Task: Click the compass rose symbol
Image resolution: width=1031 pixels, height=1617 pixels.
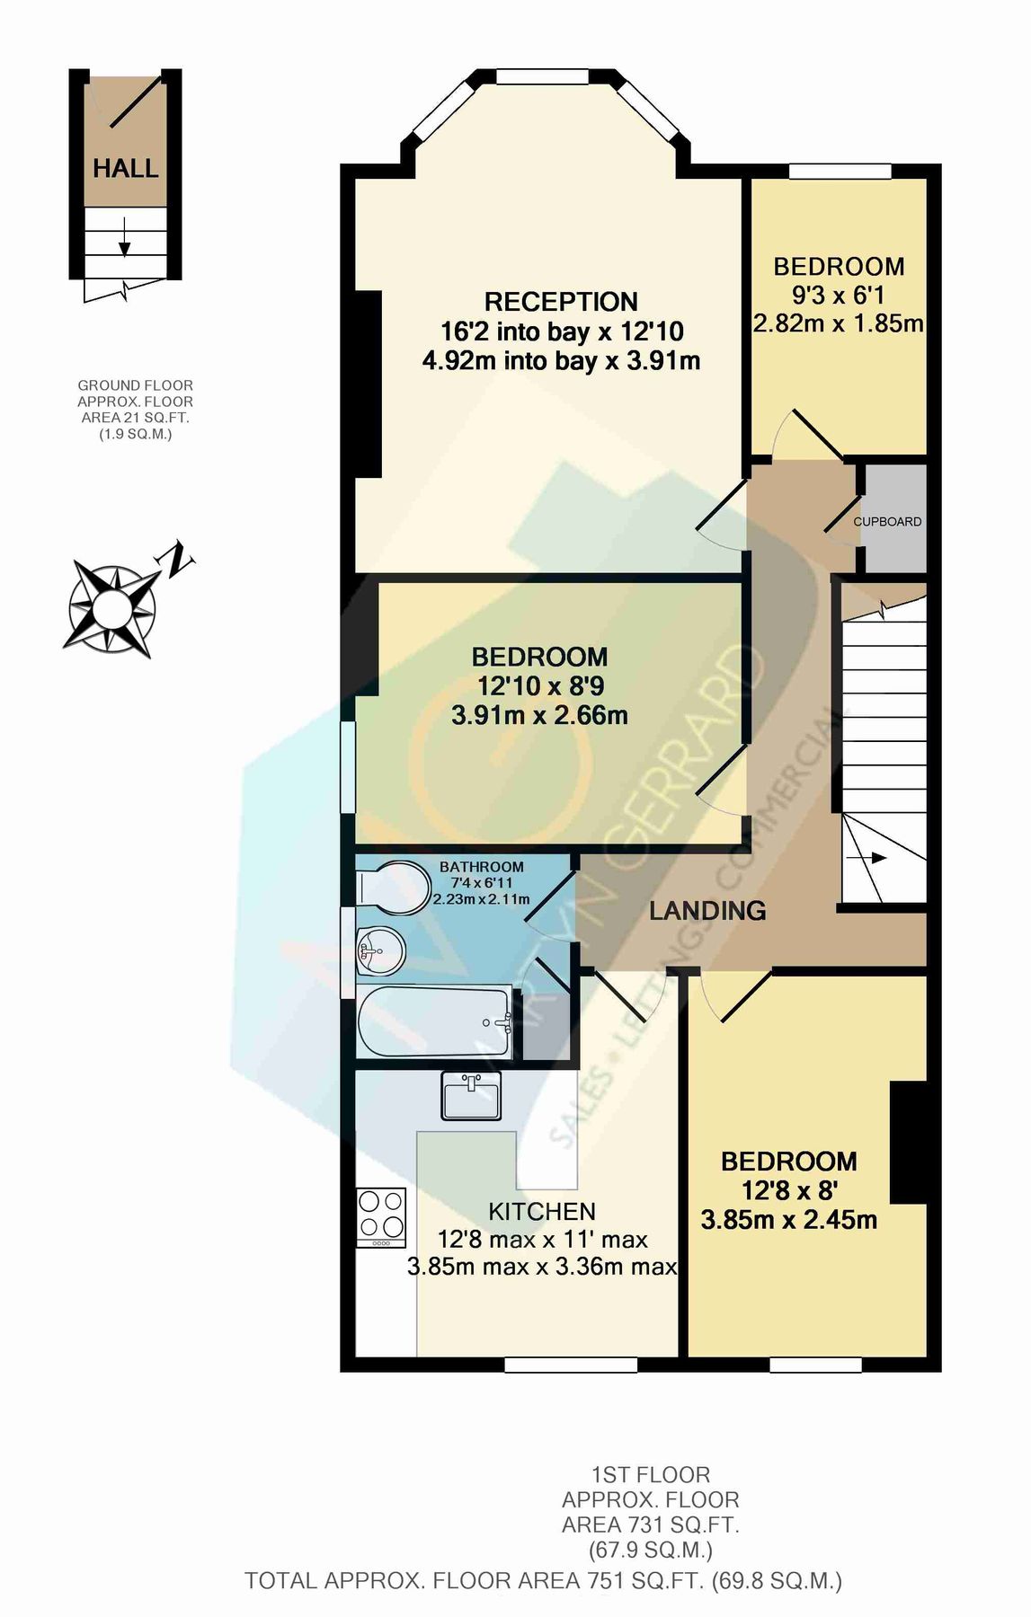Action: [x=111, y=608]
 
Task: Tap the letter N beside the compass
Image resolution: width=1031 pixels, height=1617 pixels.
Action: [x=177, y=559]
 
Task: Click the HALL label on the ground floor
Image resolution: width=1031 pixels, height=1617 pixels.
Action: [x=125, y=168]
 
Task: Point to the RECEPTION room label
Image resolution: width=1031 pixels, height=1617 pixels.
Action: [x=561, y=302]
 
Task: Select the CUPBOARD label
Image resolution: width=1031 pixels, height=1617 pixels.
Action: [x=887, y=521]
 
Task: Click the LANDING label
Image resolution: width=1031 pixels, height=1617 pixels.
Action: [x=707, y=910]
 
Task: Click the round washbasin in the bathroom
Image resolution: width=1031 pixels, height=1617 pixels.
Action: [x=381, y=950]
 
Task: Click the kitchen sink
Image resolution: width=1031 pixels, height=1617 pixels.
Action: [x=471, y=1095]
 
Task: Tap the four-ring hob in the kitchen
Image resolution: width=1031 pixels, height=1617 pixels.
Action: [x=382, y=1216]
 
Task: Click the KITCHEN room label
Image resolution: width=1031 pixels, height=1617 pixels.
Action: [x=542, y=1211]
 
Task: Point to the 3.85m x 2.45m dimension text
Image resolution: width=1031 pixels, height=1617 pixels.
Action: [x=788, y=1220]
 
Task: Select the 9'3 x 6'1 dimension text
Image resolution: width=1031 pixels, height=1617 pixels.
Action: [x=839, y=295]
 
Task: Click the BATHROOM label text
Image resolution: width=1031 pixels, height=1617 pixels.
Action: [x=481, y=867]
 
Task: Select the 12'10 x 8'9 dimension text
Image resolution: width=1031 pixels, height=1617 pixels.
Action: [x=539, y=686]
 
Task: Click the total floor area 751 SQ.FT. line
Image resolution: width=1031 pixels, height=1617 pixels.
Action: [x=543, y=1581]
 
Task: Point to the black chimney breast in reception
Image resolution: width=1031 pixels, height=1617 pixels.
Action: [x=369, y=383]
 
